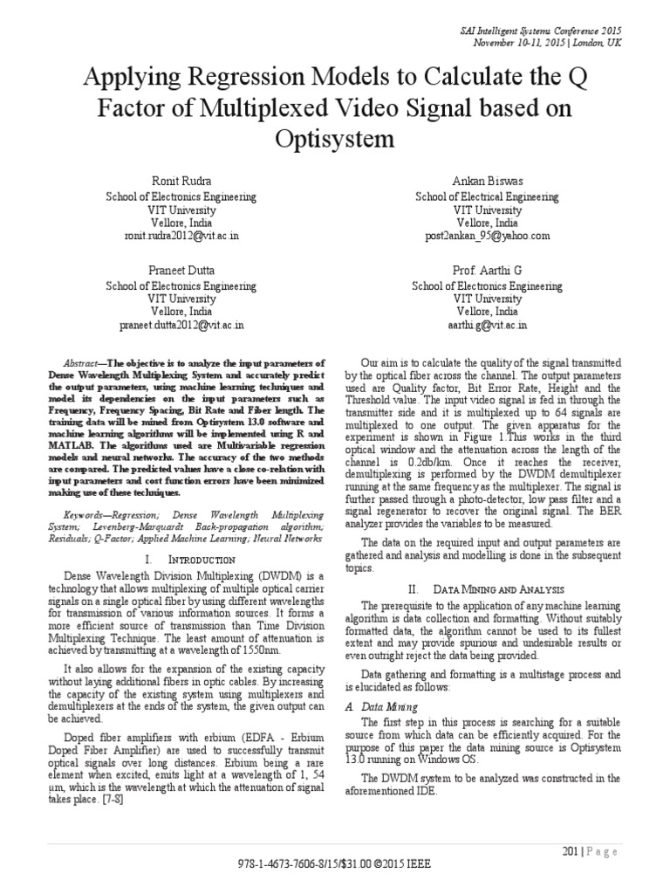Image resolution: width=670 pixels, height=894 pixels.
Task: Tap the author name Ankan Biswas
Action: pos(487,182)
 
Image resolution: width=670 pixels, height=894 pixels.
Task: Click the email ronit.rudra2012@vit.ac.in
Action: pos(181,236)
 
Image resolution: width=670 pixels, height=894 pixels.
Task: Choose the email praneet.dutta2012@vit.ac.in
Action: pos(181,325)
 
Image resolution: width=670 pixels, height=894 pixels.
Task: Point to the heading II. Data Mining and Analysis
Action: pos(487,590)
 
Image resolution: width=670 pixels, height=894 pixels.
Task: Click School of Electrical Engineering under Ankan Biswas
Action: pos(487,196)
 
